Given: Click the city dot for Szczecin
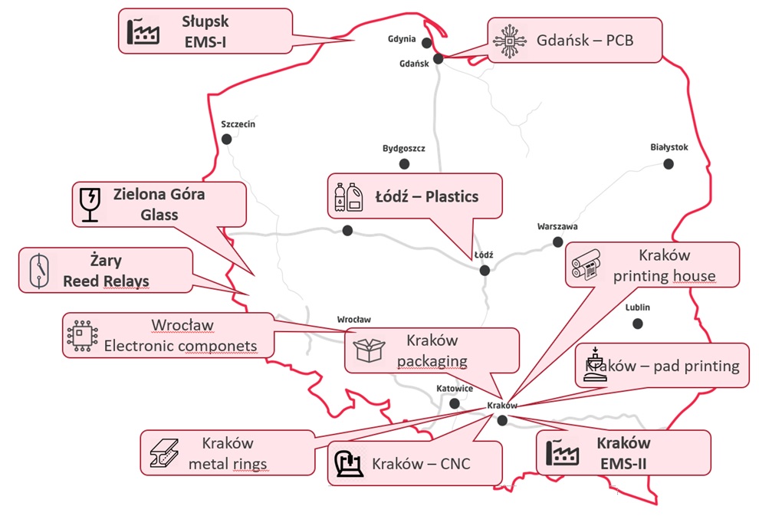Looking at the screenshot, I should click(x=226, y=139).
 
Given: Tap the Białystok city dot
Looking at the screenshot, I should click(x=669, y=163).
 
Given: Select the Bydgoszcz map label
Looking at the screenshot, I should click(x=403, y=149).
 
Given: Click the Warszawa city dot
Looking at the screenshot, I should click(x=558, y=242).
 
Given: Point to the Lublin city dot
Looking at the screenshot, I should click(x=637, y=323).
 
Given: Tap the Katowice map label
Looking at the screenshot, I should click(x=454, y=389).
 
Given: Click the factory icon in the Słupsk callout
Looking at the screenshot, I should click(x=142, y=31).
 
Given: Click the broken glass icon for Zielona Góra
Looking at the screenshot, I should click(x=90, y=204).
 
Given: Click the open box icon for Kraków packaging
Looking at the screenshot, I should click(x=369, y=350).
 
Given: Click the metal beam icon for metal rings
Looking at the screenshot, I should click(x=163, y=452).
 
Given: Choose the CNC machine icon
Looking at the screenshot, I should click(x=348, y=464).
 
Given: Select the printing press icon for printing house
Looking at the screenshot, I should click(x=589, y=265).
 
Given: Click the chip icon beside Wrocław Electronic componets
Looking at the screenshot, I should click(x=80, y=335).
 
